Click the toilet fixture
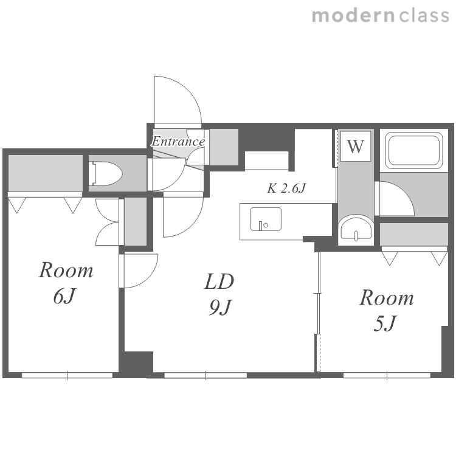pyautogui.click(x=106, y=174)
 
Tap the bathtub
pyautogui.click(x=414, y=151)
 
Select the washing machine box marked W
pyautogui.click(x=356, y=147)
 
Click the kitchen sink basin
pyautogui.click(x=266, y=219)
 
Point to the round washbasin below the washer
pyautogui.click(x=356, y=228)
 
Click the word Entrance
pyautogui.click(x=178, y=141)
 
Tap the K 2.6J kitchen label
pyautogui.click(x=286, y=188)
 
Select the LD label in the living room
pyautogui.click(x=219, y=282)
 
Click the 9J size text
pyautogui.click(x=220, y=307)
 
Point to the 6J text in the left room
pyautogui.click(x=64, y=296)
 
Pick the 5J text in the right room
pyautogui.click(x=385, y=323)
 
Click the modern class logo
pyautogui.click(x=381, y=15)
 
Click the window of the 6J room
pyautogui.click(x=67, y=375)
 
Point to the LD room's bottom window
pyautogui.click(x=206, y=375)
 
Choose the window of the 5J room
pyautogui.click(x=387, y=375)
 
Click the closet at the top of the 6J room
pyautogui.click(x=46, y=173)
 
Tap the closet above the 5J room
pyautogui.click(x=414, y=235)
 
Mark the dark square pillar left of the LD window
pyautogui.click(x=139, y=362)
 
